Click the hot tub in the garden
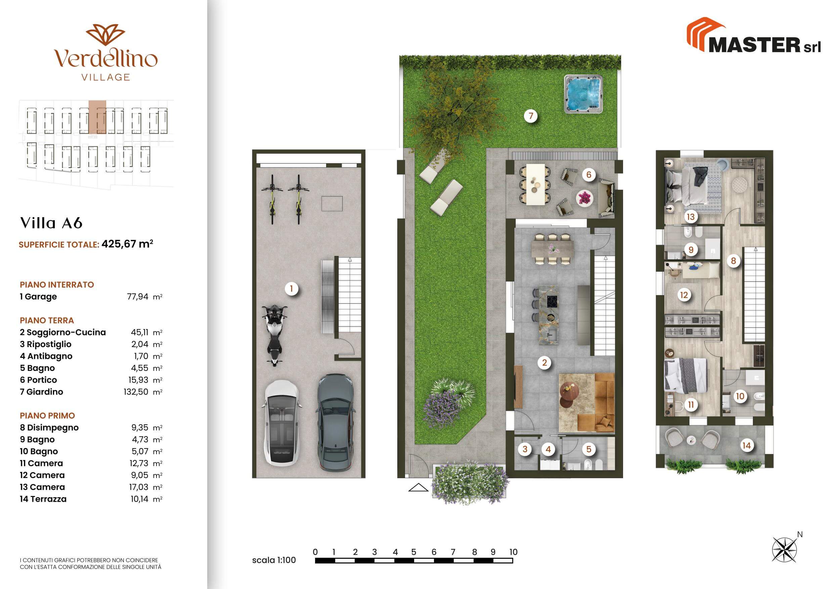[x=583, y=94]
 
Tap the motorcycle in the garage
[x=275, y=334]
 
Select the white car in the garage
[x=281, y=422]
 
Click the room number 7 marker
[x=531, y=116]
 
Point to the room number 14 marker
[x=746, y=445]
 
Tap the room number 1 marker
[x=291, y=289]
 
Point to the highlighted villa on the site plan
[x=97, y=117]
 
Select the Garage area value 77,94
[x=137, y=296]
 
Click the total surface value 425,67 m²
[x=127, y=244]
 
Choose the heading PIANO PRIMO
[x=47, y=416]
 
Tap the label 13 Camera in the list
[x=42, y=487]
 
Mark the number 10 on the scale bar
[x=513, y=552]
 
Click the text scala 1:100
[x=274, y=560]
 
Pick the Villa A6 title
[x=51, y=223]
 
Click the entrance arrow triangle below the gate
[x=418, y=488]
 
